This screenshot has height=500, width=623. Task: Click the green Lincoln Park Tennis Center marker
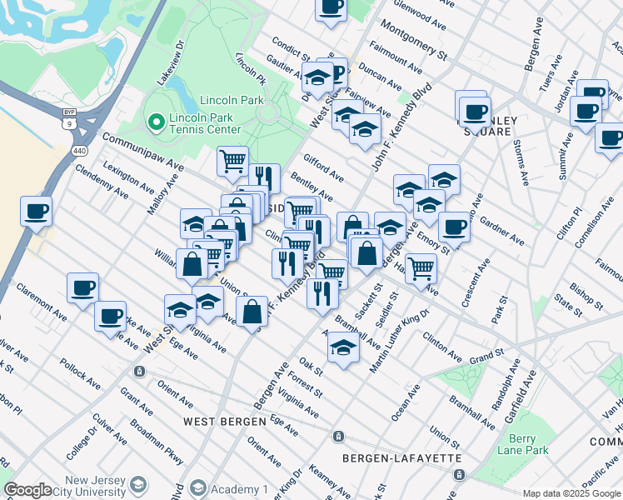click(154, 123)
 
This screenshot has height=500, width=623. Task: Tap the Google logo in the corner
click(27, 490)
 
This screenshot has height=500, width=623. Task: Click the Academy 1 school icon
click(198, 488)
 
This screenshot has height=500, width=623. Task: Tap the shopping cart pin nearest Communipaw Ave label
click(232, 160)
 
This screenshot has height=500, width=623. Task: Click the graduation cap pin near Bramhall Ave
click(342, 347)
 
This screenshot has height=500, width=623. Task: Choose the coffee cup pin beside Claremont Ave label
click(82, 288)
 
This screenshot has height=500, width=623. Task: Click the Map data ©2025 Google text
click(571, 493)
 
